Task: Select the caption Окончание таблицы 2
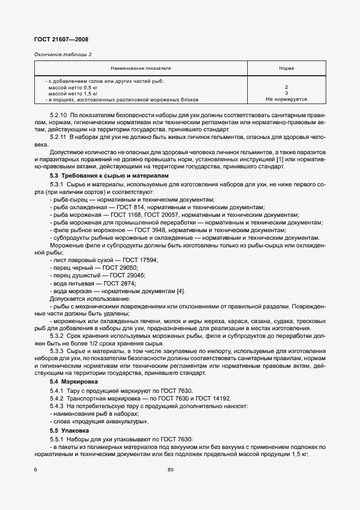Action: click(x=63, y=54)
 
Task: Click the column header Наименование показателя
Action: click(x=141, y=69)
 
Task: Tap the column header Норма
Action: click(x=286, y=69)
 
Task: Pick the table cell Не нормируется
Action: click(x=286, y=100)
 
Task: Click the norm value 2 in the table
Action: click(x=286, y=87)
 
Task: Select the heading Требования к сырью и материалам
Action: click(x=117, y=176)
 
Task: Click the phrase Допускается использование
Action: click(x=90, y=299)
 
